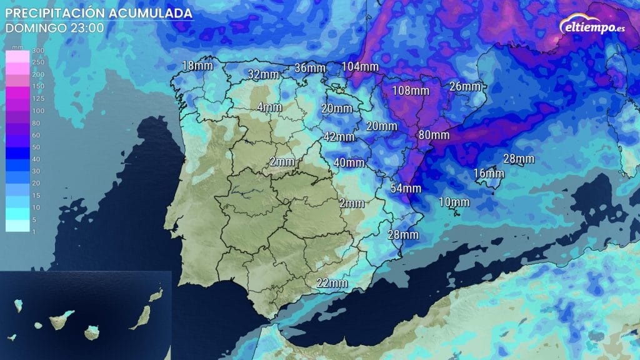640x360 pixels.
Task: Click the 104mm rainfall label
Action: click(x=361, y=67)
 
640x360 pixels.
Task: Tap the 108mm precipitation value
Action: click(x=411, y=90)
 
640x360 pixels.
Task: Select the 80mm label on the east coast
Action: click(x=434, y=134)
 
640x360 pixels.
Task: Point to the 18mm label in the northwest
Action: click(x=196, y=66)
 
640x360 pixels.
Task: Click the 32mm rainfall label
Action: click(x=262, y=74)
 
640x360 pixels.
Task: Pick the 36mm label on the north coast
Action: click(x=310, y=68)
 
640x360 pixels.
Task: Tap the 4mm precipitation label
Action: click(x=269, y=107)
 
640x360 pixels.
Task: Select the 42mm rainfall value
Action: click(x=339, y=137)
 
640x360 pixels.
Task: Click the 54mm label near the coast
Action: click(x=406, y=187)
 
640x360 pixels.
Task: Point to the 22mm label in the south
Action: click(x=332, y=282)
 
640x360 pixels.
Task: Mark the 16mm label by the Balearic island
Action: click(x=488, y=173)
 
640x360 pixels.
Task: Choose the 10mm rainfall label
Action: click(x=454, y=202)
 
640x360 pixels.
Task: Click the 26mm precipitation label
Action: click(x=464, y=86)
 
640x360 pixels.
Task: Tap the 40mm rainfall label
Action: click(x=349, y=162)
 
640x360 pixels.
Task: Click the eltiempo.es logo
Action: click(x=589, y=27)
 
